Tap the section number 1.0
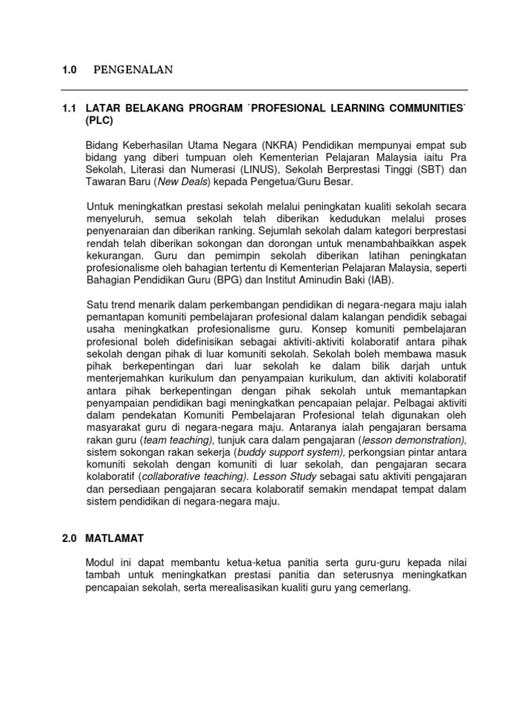(x=70, y=70)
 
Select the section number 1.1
(x=69, y=109)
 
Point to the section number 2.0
(x=70, y=538)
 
